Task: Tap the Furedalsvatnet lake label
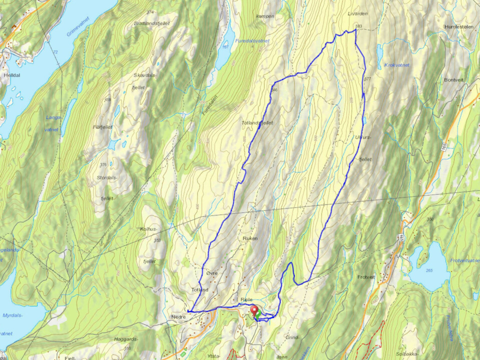pyautogui.click(x=253, y=41)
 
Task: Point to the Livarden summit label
pyautogui.click(x=356, y=14)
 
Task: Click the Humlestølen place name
pyautogui.click(x=458, y=26)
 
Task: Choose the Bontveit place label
pyautogui.click(x=454, y=79)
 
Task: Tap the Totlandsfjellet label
pyautogui.click(x=257, y=122)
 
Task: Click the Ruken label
pyautogui.click(x=250, y=238)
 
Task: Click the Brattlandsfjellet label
pyautogui.click(x=149, y=23)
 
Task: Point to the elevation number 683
pyautogui.click(x=358, y=26)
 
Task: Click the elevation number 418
pyautogui.click(x=107, y=100)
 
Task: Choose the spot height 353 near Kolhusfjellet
pyautogui.click(x=157, y=240)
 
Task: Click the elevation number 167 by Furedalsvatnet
pyautogui.click(x=225, y=47)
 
